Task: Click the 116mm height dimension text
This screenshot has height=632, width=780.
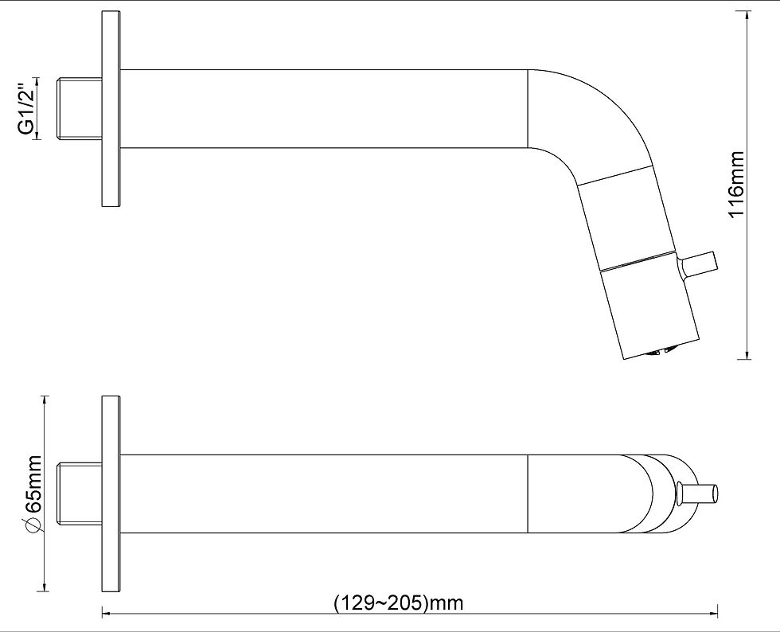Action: pos(735,184)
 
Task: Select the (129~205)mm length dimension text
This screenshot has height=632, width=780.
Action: pos(399,603)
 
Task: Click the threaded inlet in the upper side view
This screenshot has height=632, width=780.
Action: pos(80,108)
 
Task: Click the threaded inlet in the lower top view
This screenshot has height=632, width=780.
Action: pos(80,494)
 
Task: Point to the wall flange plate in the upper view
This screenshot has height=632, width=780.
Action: pos(111,109)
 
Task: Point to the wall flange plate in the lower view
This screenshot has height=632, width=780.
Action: pos(111,494)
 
